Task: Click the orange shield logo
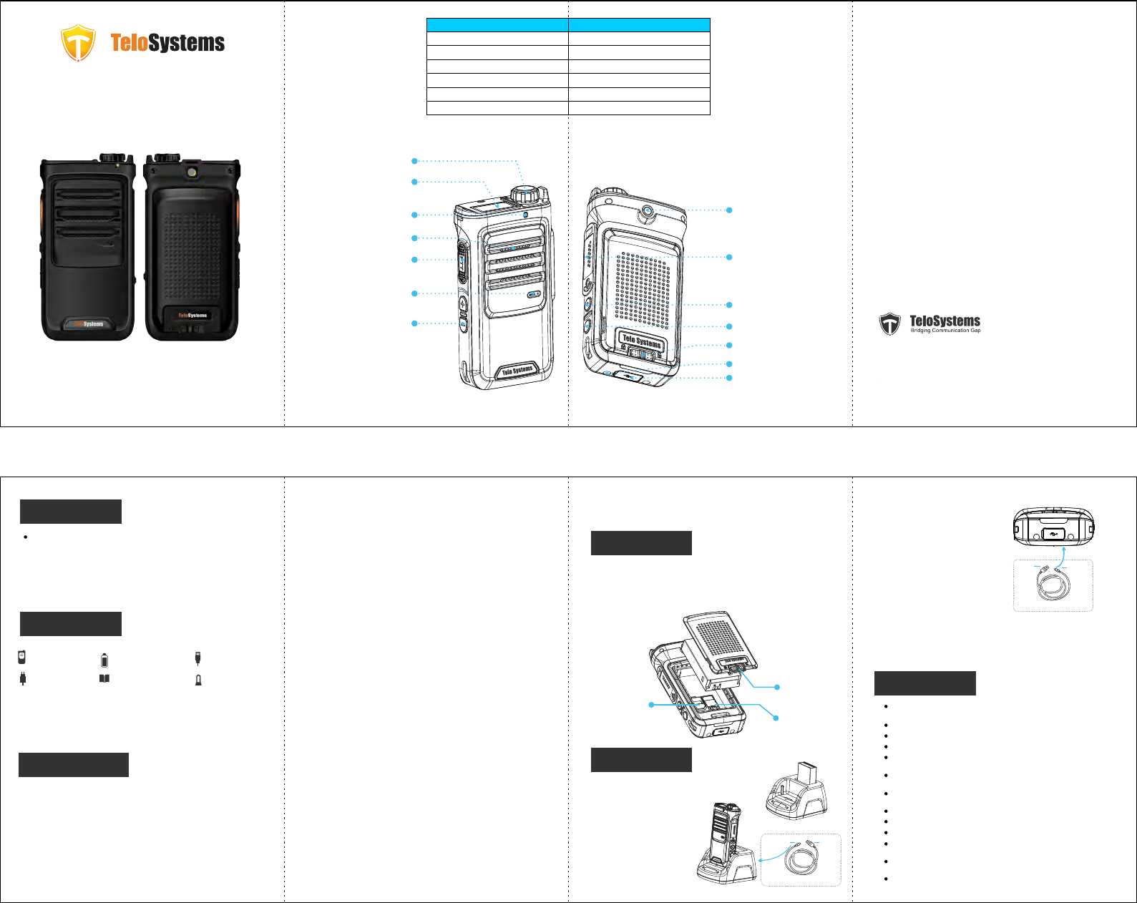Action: point(78,43)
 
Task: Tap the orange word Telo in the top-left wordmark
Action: point(130,43)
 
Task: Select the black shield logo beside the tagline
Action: point(889,324)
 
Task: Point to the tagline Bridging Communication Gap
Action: point(945,331)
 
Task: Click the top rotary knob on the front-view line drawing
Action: point(524,193)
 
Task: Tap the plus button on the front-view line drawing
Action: point(463,303)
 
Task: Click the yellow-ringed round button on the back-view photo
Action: point(192,173)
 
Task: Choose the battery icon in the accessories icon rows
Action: point(104,660)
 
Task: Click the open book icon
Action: point(104,678)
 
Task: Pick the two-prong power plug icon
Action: point(23,679)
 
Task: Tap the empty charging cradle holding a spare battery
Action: point(796,793)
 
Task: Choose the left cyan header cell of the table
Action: point(497,25)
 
